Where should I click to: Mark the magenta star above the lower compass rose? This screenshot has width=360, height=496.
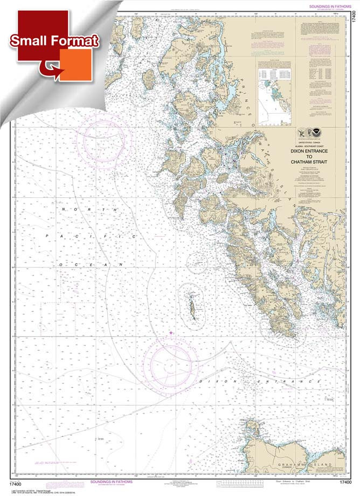pyautogui.click(x=172, y=334)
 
